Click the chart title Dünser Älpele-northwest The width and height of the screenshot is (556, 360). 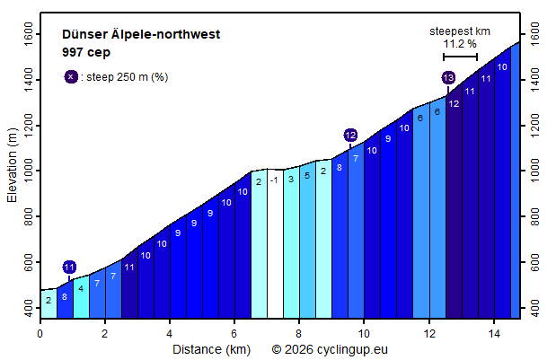[x=141, y=35]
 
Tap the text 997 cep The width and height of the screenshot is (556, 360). [x=86, y=52]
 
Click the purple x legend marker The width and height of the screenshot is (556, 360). [x=70, y=77]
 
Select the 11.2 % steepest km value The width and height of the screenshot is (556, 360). [x=459, y=43]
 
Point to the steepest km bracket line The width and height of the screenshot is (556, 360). [x=460, y=57]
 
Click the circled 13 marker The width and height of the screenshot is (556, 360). [x=448, y=78]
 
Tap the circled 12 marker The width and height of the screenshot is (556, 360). [x=350, y=135]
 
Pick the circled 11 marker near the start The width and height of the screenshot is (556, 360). [x=69, y=267]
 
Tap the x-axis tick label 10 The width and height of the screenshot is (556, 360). [x=364, y=333]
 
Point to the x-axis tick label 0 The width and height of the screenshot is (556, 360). [x=40, y=333]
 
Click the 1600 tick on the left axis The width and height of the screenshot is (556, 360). [x=27, y=34]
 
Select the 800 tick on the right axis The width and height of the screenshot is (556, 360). [x=536, y=217]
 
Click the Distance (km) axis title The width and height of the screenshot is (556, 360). [x=212, y=348]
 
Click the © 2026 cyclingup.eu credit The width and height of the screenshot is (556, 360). [x=331, y=348]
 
